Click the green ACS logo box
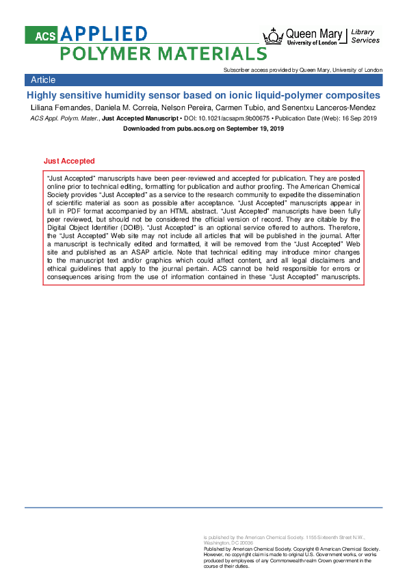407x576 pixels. click(x=42, y=35)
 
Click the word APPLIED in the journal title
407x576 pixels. click(x=103, y=34)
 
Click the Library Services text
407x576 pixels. click(x=365, y=36)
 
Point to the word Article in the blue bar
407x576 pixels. click(x=43, y=80)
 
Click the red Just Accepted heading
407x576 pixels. click(x=69, y=161)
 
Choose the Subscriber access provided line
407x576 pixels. click(x=303, y=70)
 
